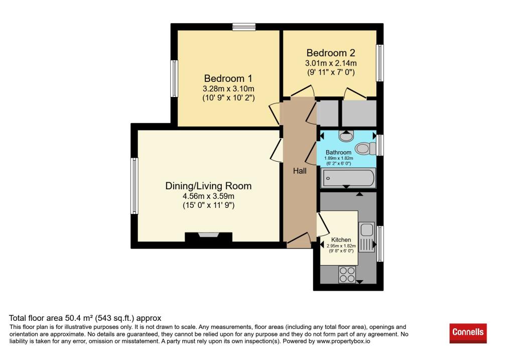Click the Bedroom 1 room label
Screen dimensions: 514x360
[x=228, y=78]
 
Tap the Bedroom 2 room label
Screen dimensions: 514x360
[x=331, y=53]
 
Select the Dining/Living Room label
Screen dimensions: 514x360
[x=208, y=186]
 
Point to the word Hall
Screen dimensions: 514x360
[x=300, y=171]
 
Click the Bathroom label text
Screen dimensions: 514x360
[x=338, y=153]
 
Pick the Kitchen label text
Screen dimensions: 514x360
[x=341, y=239]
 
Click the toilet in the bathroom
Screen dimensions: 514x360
[x=366, y=149]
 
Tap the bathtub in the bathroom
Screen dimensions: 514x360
[x=348, y=178]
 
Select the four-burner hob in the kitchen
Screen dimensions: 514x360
[x=347, y=275]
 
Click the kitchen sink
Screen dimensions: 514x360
[x=366, y=237]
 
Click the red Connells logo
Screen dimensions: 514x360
[x=468, y=333]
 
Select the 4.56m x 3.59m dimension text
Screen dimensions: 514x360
[x=208, y=196]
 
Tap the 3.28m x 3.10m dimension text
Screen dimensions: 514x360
[x=228, y=89]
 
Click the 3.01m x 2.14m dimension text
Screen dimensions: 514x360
[x=331, y=63]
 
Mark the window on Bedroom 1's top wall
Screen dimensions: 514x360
[x=244, y=27]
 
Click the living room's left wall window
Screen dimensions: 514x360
[x=135, y=186]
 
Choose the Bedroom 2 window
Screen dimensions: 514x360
[x=379, y=63]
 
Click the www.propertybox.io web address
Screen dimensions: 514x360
[x=343, y=341]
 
